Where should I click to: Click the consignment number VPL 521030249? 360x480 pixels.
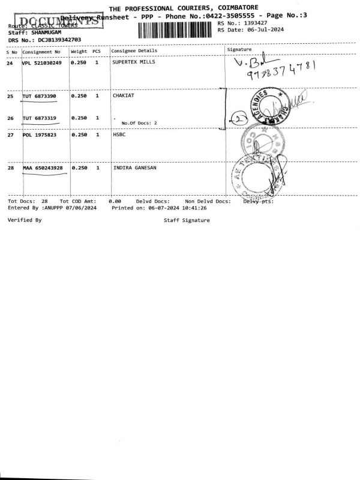(x=42, y=63)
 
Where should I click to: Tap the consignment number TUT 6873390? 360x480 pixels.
(x=40, y=96)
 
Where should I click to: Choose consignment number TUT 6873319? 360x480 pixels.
(x=40, y=118)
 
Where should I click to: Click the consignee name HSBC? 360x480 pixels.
(x=118, y=135)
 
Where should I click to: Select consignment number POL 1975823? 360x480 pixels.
(x=40, y=135)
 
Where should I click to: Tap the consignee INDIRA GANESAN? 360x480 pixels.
(x=135, y=168)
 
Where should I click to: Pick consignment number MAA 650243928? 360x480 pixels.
(x=43, y=168)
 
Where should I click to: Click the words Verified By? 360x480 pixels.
(x=25, y=221)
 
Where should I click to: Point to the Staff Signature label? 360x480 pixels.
(x=187, y=221)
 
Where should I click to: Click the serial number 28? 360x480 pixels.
(x=10, y=168)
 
